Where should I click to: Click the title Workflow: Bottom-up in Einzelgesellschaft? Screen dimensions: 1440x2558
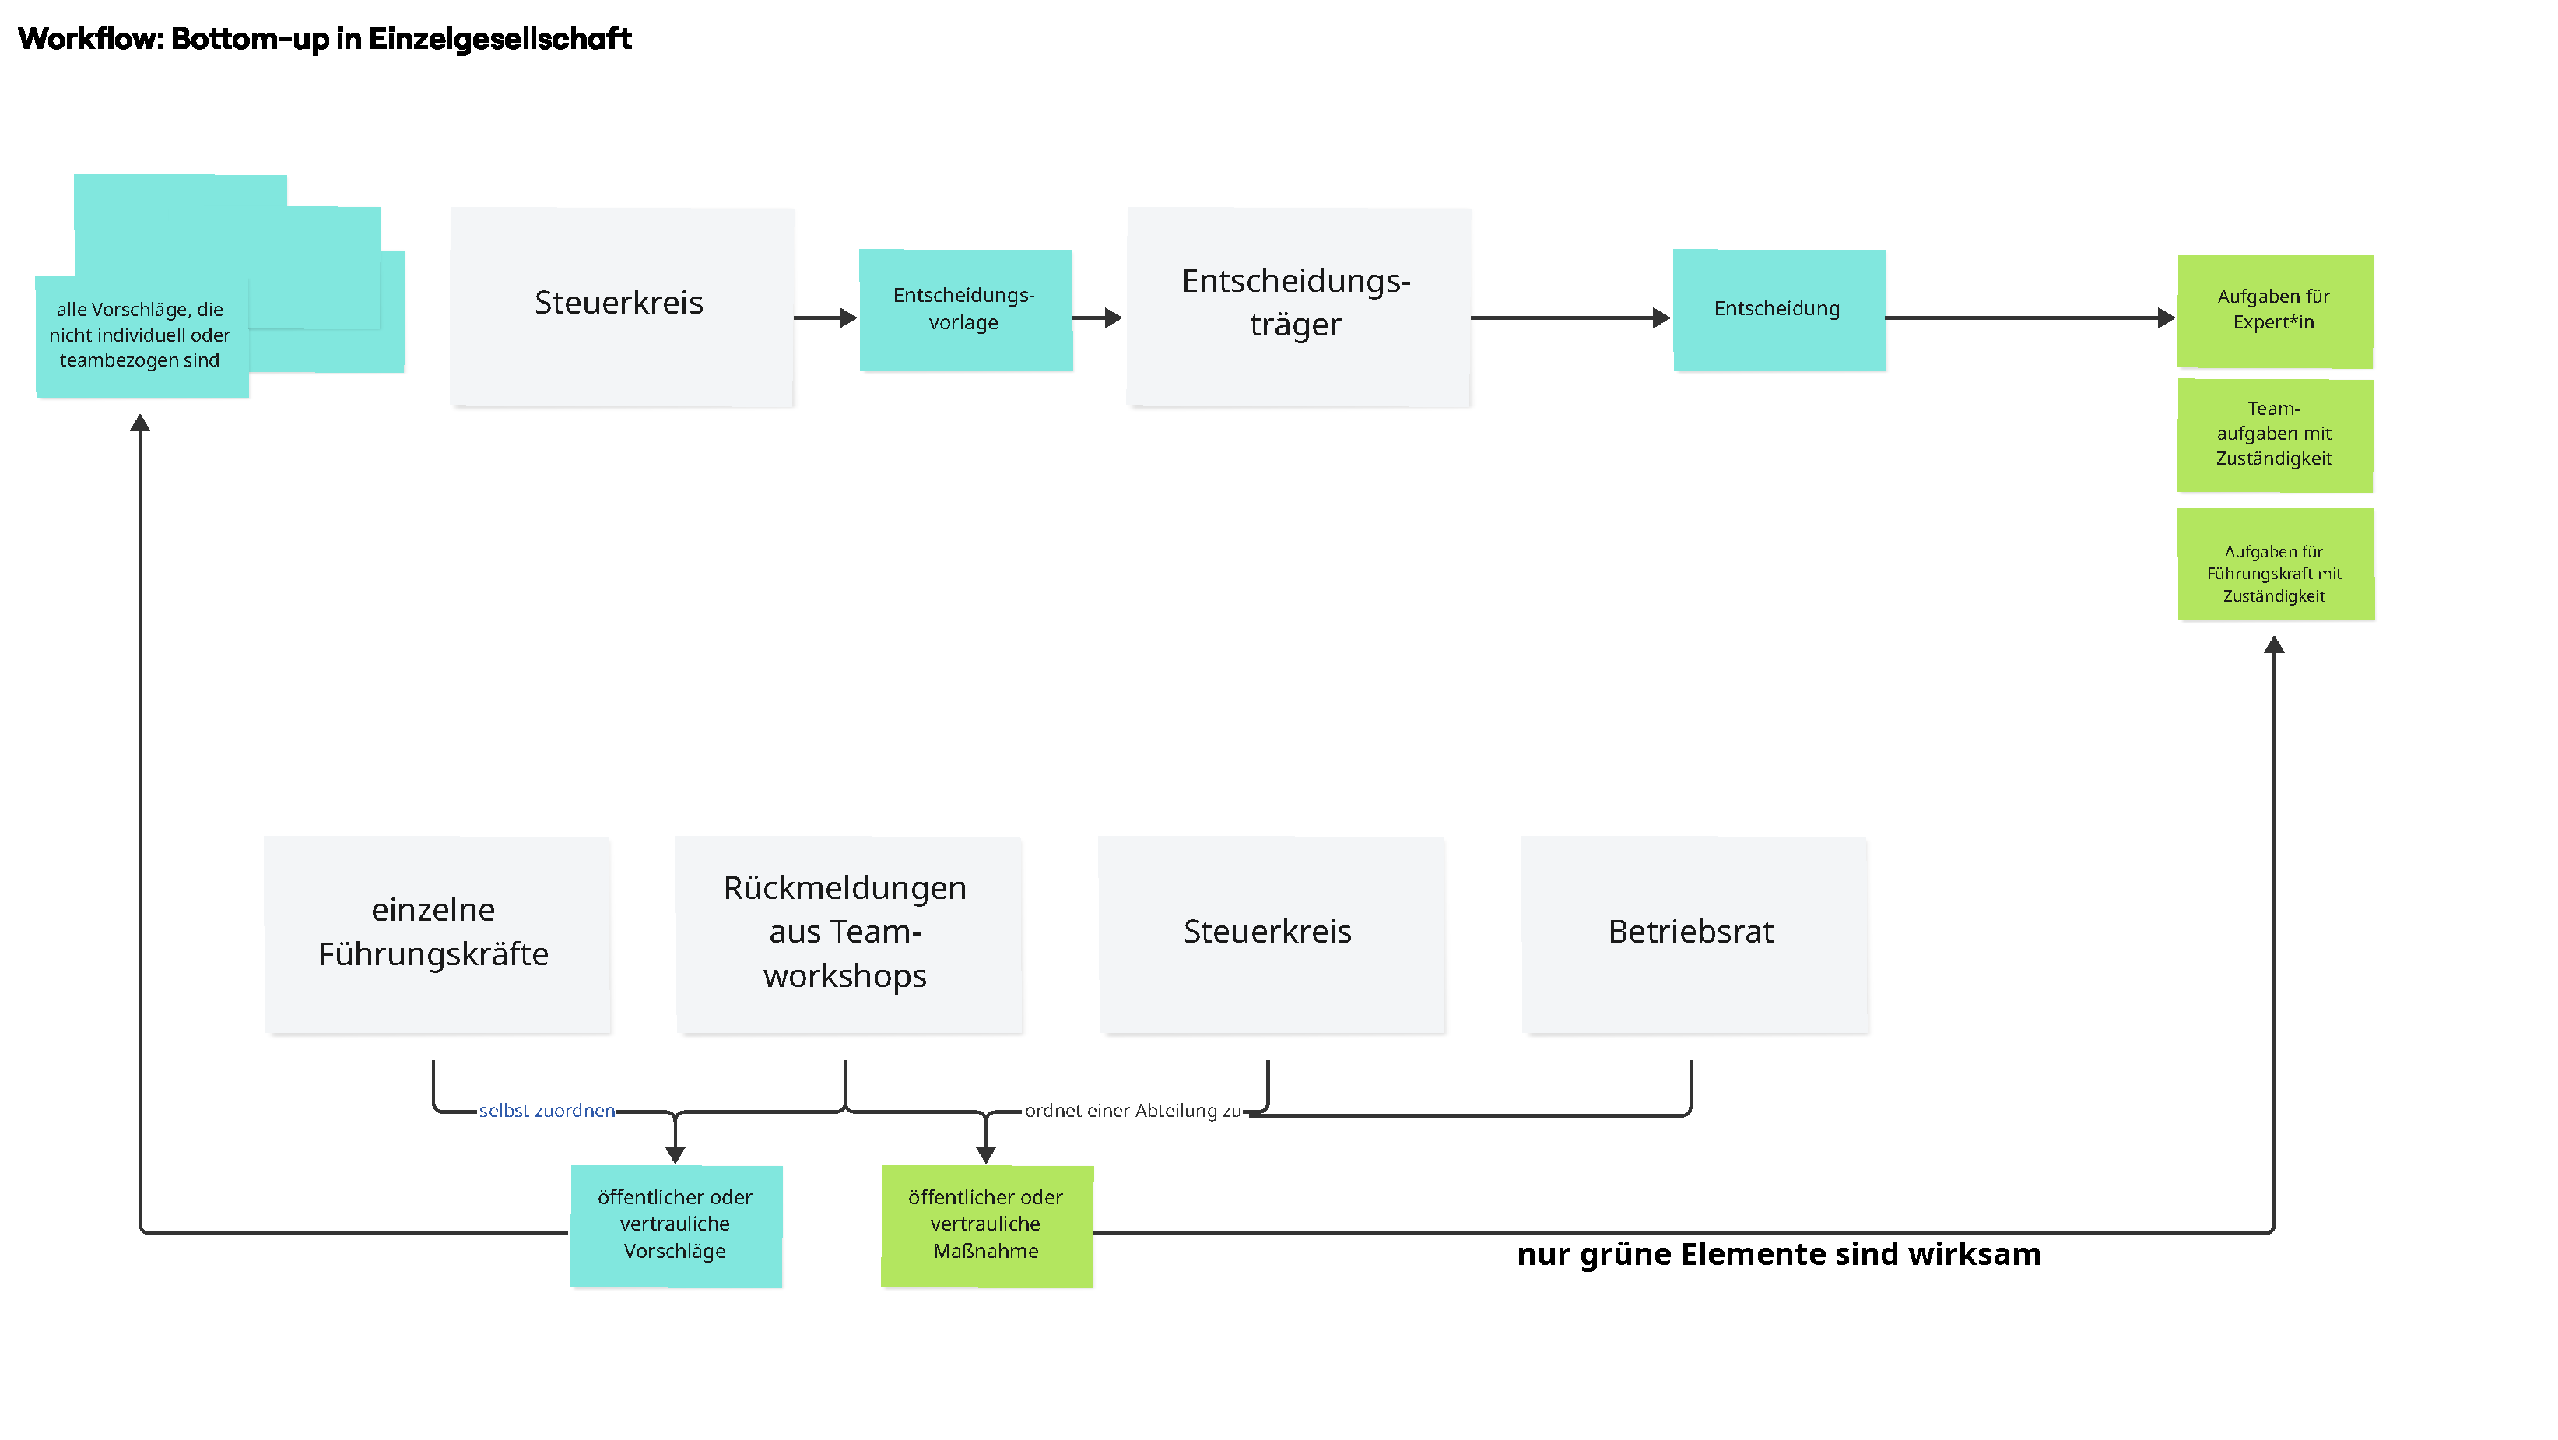(x=325, y=39)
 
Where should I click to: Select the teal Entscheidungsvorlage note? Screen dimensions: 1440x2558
(x=964, y=310)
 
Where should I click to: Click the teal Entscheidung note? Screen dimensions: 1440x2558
(x=1778, y=310)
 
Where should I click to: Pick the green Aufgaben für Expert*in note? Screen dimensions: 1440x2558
(x=2274, y=310)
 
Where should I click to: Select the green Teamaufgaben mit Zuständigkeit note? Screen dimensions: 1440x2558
(x=2274, y=434)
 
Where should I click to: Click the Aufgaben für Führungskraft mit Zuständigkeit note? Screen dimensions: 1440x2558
(x=2274, y=565)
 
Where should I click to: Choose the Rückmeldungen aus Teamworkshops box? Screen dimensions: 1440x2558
(x=847, y=932)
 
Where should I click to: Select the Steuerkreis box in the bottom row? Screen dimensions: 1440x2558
(x=1269, y=932)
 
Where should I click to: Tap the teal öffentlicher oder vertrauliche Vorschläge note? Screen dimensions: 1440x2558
(x=675, y=1224)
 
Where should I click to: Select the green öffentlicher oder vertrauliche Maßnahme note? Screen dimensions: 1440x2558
(x=985, y=1224)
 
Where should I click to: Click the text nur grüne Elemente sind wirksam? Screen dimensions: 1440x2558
(x=1777, y=1254)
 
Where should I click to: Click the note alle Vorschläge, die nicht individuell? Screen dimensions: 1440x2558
(x=141, y=335)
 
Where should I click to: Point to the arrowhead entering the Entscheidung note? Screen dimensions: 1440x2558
(x=1661, y=318)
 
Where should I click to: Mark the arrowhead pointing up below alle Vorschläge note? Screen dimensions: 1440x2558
(x=140, y=423)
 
